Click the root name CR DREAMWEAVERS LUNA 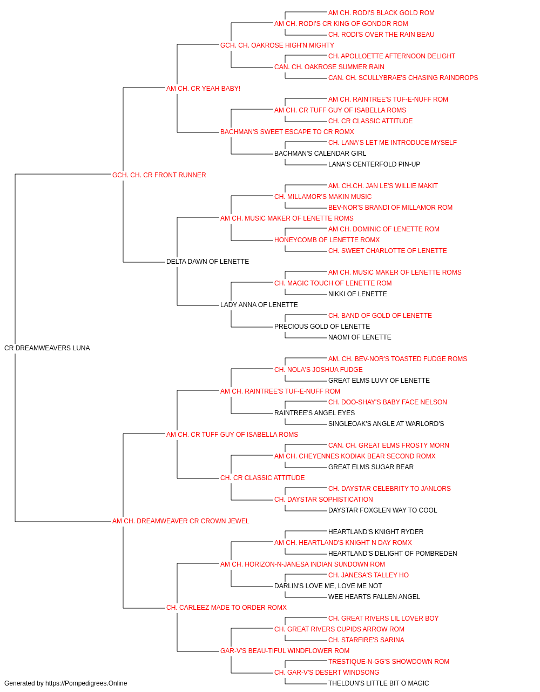point(47,348)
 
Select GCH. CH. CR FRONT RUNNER point(159,175)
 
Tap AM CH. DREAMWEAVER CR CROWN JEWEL point(181,521)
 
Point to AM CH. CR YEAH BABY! point(203,89)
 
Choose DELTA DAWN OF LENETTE point(208,262)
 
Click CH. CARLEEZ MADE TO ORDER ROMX point(226,608)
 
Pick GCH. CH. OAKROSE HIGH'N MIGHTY point(278,45)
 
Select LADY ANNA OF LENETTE point(259,305)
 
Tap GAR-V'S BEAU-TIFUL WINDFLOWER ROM point(285,650)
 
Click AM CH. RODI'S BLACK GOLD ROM point(381,13)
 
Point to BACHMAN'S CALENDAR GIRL point(320,154)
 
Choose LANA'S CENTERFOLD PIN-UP point(374,164)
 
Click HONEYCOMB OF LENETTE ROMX point(327,240)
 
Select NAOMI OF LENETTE point(360,337)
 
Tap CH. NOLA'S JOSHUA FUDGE point(319,370)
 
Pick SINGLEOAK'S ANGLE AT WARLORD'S point(386,423)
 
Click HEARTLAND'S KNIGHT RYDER point(376,532)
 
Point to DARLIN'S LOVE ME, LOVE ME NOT point(328,586)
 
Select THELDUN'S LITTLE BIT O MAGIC point(379,683)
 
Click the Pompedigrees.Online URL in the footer point(86,683)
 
